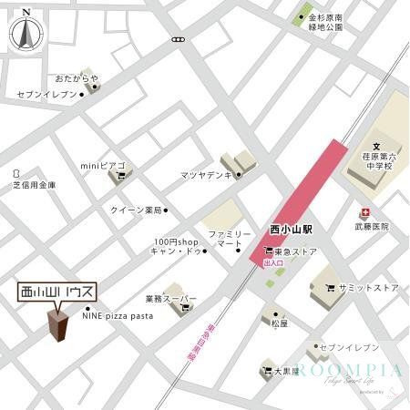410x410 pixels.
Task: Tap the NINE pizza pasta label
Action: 118,316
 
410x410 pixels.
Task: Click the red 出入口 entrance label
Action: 272,262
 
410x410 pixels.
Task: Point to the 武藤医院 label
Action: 371,226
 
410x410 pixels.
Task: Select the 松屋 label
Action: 279,322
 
